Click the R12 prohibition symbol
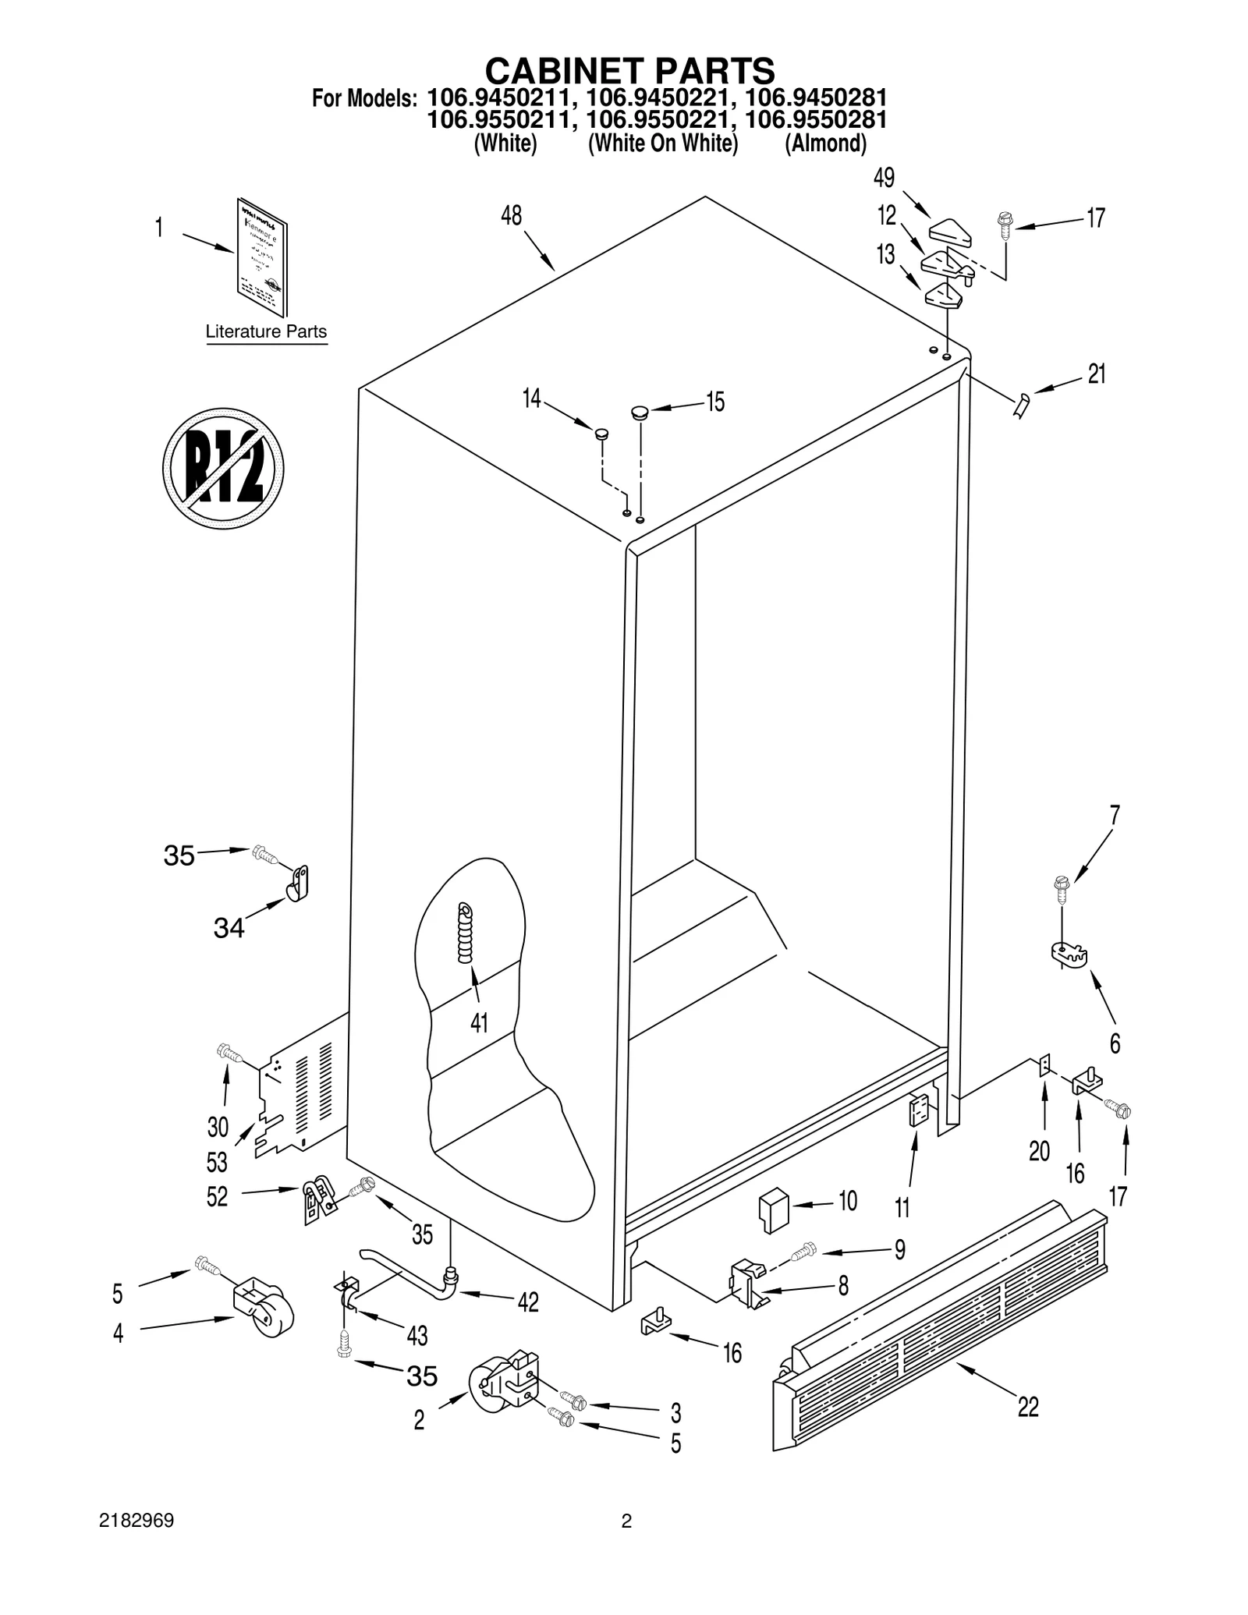223,468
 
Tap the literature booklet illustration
262,258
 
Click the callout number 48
511,215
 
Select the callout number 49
884,178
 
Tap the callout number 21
1096,374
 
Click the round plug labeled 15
640,410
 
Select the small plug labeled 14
601,433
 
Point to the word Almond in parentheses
825,143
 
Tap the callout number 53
217,1163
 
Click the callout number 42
528,1302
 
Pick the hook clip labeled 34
297,884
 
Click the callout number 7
1115,815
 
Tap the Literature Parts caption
266,331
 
